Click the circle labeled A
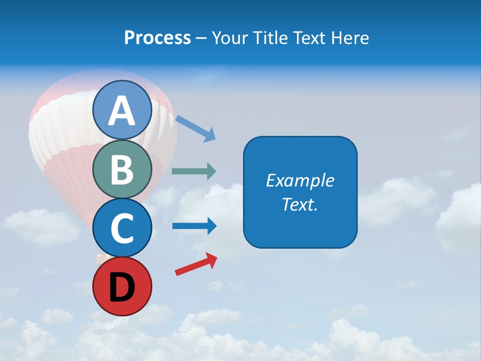click(x=122, y=110)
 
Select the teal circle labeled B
click(x=122, y=169)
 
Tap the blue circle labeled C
click(x=122, y=228)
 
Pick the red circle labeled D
click(x=122, y=286)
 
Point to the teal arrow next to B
click(x=194, y=171)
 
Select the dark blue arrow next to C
click(x=194, y=226)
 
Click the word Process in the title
click(x=157, y=38)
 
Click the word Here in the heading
click(x=350, y=38)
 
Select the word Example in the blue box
click(x=300, y=180)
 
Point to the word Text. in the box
click(x=300, y=205)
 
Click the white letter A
click(x=122, y=111)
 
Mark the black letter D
click(x=122, y=288)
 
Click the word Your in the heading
click(x=230, y=38)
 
